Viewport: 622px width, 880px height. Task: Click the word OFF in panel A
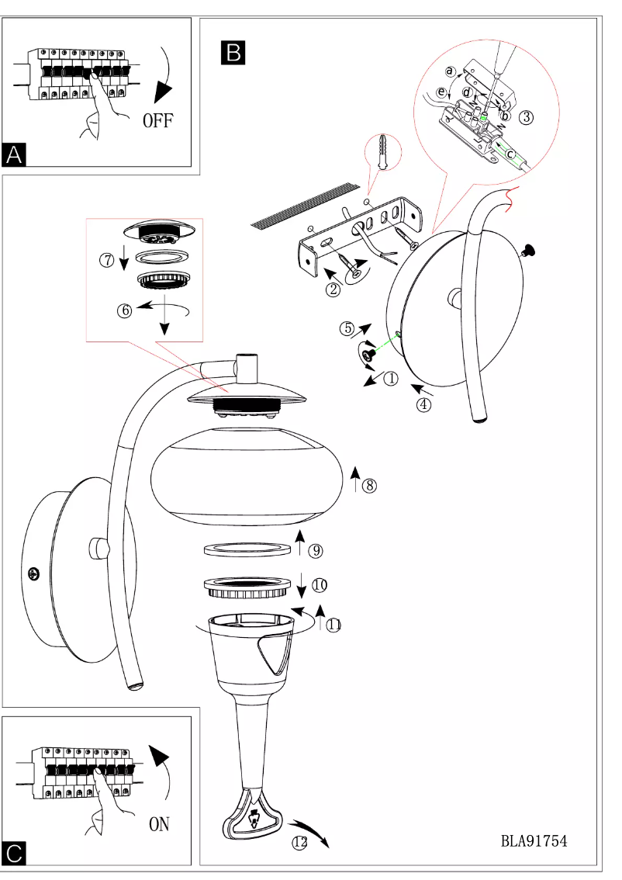coord(158,120)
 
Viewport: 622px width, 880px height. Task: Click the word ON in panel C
coord(159,824)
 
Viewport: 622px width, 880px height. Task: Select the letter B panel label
coord(233,51)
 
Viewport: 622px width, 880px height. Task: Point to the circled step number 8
coord(369,486)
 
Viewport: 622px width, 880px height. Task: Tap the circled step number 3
coord(526,118)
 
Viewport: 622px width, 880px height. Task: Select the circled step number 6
coord(123,310)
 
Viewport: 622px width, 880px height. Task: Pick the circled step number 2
coord(333,290)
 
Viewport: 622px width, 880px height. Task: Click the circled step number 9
coord(315,551)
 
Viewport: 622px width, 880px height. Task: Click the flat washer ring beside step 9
coord(245,549)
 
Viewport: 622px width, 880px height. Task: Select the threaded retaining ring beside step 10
coord(245,587)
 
